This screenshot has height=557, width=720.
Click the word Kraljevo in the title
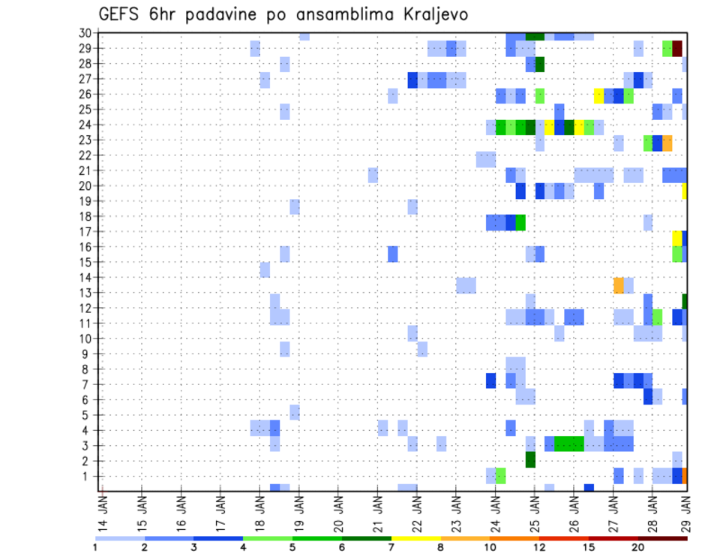(x=436, y=15)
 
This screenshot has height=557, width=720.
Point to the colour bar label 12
(x=540, y=546)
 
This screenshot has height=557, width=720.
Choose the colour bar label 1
(x=95, y=546)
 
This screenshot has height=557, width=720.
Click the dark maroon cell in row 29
(x=677, y=49)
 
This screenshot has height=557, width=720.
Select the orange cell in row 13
(x=619, y=285)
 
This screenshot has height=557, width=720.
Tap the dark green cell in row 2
(x=530, y=459)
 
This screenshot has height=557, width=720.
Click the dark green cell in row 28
(x=540, y=64)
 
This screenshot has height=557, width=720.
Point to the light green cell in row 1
(x=500, y=476)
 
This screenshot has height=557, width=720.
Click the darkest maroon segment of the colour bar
(x=663, y=537)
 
